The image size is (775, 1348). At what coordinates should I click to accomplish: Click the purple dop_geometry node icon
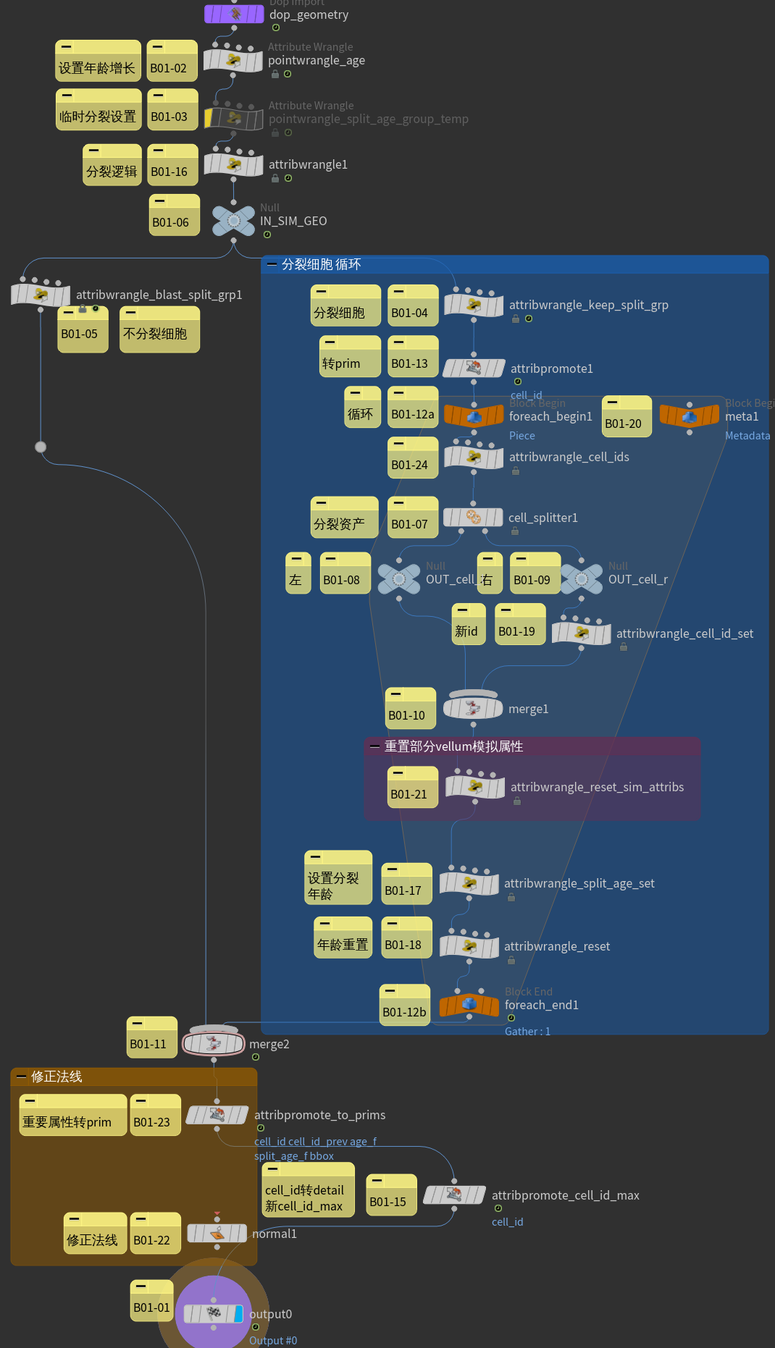click(x=234, y=14)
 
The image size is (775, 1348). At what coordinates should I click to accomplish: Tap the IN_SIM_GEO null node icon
click(x=233, y=220)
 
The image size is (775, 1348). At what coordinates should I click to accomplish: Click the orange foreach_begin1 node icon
click(x=474, y=416)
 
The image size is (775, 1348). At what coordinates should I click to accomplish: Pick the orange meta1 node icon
click(x=689, y=416)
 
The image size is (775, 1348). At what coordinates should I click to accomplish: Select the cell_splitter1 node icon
click(x=473, y=517)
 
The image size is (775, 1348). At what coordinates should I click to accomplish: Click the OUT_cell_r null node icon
click(x=581, y=578)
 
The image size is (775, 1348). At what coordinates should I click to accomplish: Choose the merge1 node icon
click(x=473, y=707)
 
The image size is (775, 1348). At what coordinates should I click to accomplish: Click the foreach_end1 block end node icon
click(x=469, y=1004)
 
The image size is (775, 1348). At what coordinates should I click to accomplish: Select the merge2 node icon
click(x=213, y=1043)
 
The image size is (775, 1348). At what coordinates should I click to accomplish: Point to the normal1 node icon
click(x=217, y=1233)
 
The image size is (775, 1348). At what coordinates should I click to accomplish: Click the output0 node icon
click(x=214, y=1313)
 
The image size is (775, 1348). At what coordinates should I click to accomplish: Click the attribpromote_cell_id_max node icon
click(x=454, y=1195)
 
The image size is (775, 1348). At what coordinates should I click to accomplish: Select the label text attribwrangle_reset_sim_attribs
click(x=597, y=787)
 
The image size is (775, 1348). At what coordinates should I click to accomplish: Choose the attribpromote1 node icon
click(x=474, y=368)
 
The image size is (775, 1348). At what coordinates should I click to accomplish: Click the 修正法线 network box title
click(x=56, y=1077)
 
